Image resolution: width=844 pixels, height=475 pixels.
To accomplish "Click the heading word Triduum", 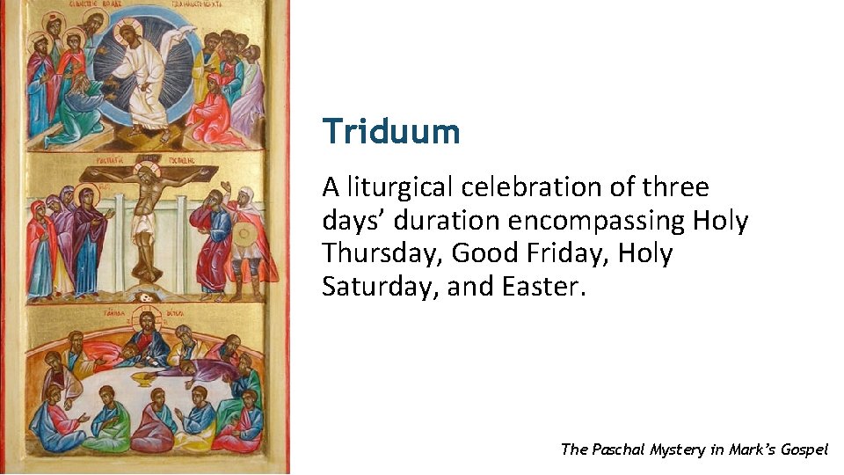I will [x=391, y=132].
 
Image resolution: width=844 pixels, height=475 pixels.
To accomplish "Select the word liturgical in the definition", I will [x=400, y=187].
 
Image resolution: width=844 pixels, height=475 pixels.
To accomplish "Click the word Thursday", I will [x=382, y=254].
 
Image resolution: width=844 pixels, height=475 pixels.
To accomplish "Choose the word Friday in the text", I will [x=567, y=254].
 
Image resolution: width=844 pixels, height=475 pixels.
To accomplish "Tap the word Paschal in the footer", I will [x=618, y=449].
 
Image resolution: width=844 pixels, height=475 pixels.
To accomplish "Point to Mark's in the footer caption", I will [x=748, y=449].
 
